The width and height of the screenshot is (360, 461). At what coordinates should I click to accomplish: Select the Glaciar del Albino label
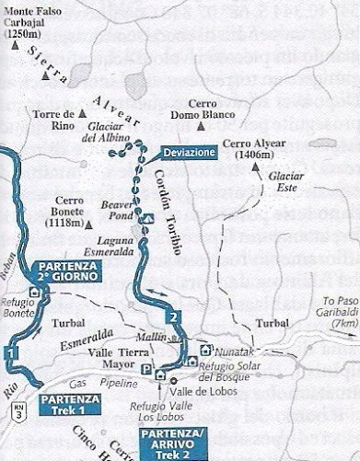point(109,133)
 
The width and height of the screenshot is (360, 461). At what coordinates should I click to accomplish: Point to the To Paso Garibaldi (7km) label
point(335,313)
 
